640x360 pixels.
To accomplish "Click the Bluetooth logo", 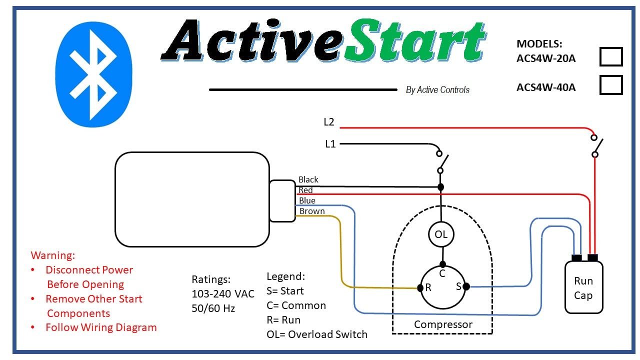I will (93, 74).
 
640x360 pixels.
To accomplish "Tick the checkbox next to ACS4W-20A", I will (610, 57).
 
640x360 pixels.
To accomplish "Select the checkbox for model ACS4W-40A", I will (610, 85).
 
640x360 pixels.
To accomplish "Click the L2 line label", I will (328, 121).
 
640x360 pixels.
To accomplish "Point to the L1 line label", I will (330, 144).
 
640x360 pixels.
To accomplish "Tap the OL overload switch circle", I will (440, 234).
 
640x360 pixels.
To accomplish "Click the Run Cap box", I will (583, 288).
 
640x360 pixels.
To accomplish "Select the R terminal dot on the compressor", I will (420, 288).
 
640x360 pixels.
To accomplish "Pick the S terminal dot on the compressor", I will (466, 286).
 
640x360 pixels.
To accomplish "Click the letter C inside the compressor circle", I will (442, 274).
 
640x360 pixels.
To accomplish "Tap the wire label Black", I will (308, 179).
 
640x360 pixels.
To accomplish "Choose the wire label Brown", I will (312, 211).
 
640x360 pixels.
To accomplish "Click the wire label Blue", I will (307, 200).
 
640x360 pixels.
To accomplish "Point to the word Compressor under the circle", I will (443, 324).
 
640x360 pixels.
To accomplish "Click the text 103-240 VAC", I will (223, 293).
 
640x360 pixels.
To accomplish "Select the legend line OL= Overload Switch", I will (317, 334).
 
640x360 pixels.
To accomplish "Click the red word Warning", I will (53, 255).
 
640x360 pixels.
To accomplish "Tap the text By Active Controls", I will (437, 90).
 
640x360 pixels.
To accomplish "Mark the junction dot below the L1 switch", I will (440, 187).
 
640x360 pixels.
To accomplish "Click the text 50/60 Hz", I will (213, 308).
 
